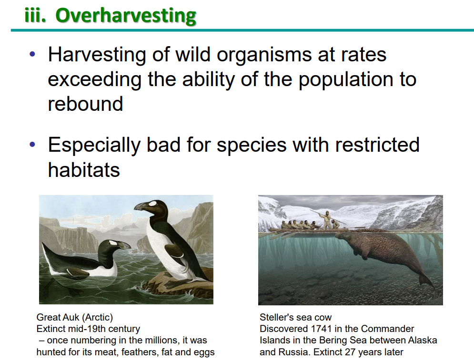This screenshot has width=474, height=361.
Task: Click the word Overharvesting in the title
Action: coord(126,16)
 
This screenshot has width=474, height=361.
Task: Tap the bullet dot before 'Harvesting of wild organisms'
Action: coord(32,55)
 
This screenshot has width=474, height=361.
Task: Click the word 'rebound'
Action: coord(86,104)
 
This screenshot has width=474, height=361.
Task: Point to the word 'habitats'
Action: coord(84,170)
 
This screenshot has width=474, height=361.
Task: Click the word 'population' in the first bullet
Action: coord(344,80)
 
